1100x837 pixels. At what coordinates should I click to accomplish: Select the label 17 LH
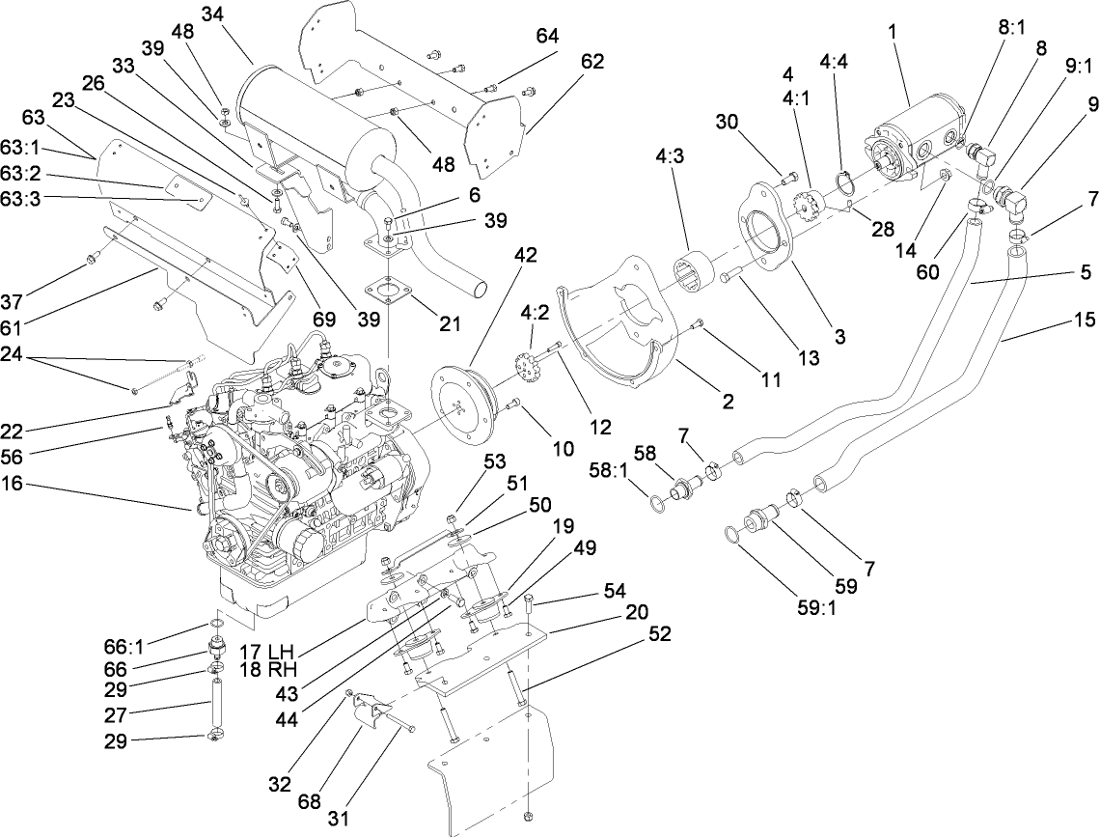tap(266, 652)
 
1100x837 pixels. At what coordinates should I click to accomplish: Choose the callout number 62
tap(591, 61)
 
